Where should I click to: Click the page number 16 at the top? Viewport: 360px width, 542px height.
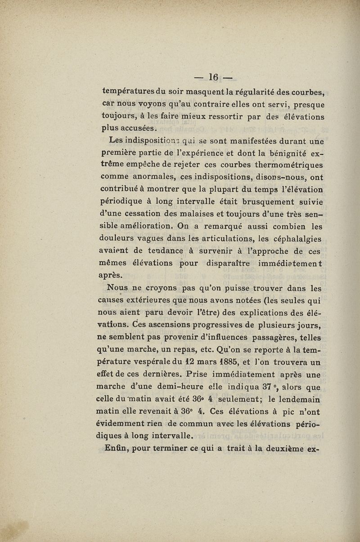[212, 78]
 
